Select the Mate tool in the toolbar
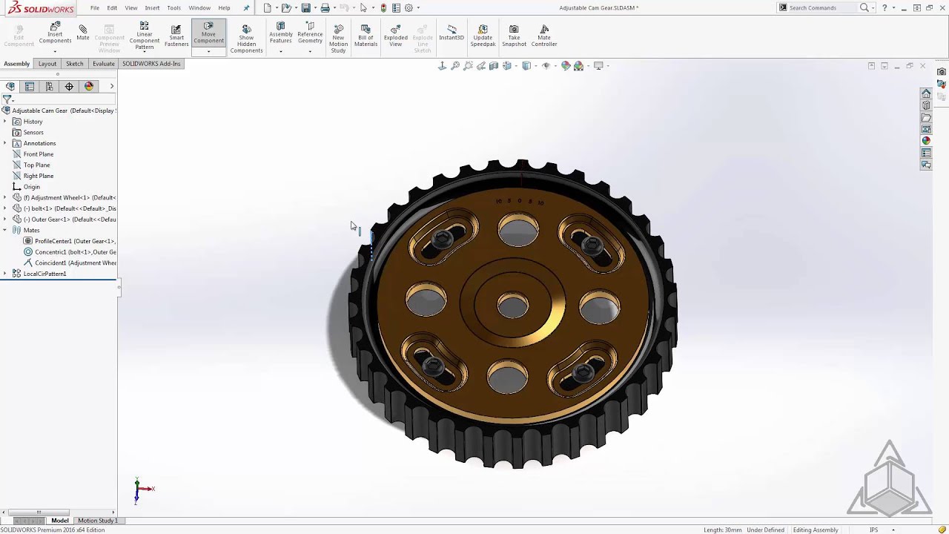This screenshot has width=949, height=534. (x=82, y=32)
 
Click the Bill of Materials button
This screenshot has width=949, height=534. (x=366, y=35)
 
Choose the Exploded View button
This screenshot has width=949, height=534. (x=395, y=35)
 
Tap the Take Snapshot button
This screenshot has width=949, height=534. (x=514, y=35)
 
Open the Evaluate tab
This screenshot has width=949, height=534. (x=103, y=64)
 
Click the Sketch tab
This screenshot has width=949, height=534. (x=74, y=64)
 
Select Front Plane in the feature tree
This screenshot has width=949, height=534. (x=38, y=154)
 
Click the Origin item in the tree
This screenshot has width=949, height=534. (x=31, y=187)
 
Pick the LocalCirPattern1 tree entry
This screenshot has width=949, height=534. (x=44, y=274)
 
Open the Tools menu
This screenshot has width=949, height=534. (x=173, y=8)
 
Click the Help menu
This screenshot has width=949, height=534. (x=224, y=8)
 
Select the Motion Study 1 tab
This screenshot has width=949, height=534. (x=98, y=521)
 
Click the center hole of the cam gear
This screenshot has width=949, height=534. (x=512, y=305)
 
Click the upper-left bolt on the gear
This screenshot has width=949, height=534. (x=442, y=238)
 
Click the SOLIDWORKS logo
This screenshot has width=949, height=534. (x=41, y=8)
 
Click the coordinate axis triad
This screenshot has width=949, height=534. (x=140, y=489)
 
